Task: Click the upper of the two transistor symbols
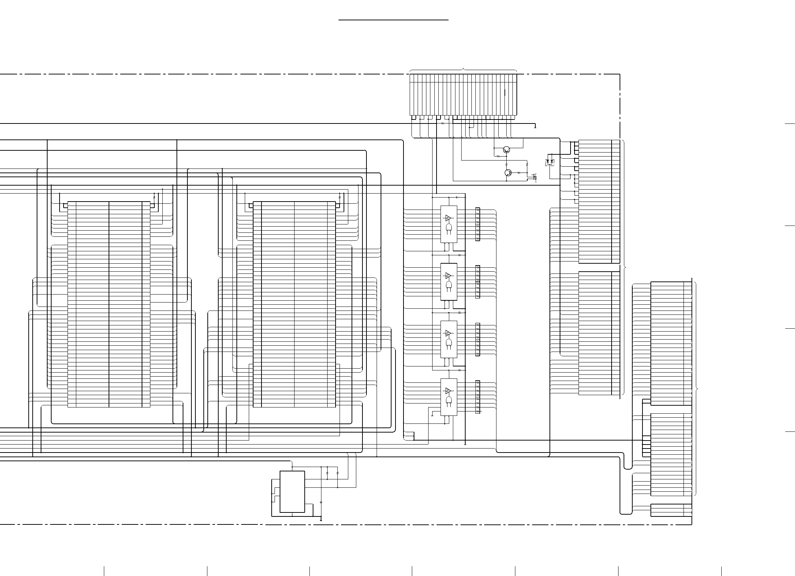(x=507, y=150)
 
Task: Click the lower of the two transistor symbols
(x=508, y=173)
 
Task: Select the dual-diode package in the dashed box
(x=550, y=162)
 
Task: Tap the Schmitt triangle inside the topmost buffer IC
(x=448, y=218)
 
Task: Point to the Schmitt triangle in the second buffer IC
(x=448, y=275)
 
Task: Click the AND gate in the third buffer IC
(x=449, y=343)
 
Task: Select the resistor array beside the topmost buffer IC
(x=478, y=224)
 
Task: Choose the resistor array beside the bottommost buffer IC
(x=478, y=397)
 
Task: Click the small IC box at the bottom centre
(x=292, y=491)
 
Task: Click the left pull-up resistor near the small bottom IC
(x=328, y=474)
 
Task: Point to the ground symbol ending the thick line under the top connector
(x=535, y=127)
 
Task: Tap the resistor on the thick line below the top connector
(x=443, y=123)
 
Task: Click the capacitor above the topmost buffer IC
(x=457, y=197)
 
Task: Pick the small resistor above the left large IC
(x=154, y=197)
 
